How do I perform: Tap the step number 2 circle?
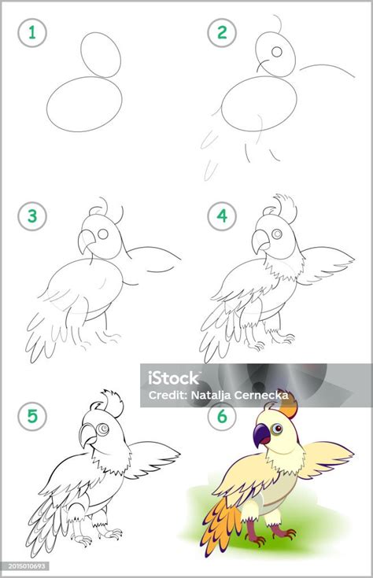pos(222,34)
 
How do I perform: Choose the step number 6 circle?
pos(222,417)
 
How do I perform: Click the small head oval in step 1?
pos(102,53)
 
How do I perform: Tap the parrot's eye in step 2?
pos(276,52)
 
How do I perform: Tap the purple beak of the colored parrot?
pos(261,433)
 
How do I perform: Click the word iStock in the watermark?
pos(175,377)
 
